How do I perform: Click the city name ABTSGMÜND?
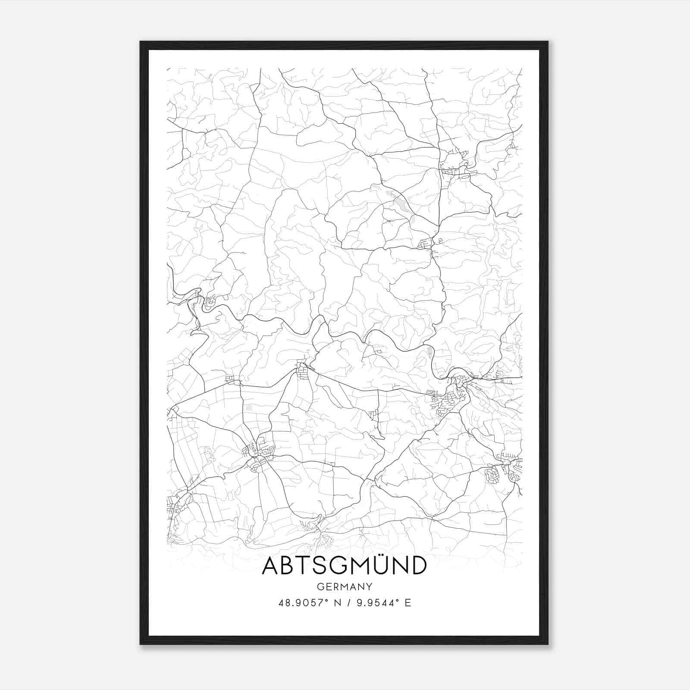(344, 565)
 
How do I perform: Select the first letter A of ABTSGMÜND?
(272, 566)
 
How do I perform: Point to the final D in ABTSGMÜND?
(418, 566)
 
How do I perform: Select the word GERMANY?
(344, 586)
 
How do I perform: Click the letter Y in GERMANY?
(369, 586)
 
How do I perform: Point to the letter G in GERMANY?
(320, 586)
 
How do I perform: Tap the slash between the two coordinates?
(348, 602)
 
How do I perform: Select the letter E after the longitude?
(408, 602)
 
